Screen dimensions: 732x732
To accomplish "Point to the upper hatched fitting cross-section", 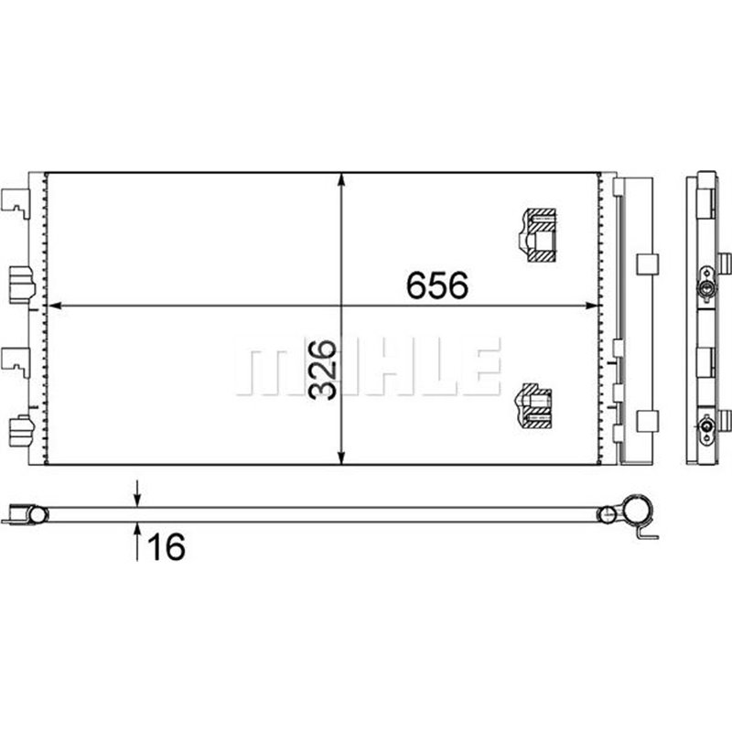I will click(535, 235).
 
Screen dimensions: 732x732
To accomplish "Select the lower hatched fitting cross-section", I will click(535, 405).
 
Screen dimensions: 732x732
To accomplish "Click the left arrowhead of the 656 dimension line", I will click(52, 305).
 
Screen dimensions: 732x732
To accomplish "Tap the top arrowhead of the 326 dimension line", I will click(341, 179).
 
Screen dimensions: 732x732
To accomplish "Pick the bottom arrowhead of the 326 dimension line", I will click(341, 457).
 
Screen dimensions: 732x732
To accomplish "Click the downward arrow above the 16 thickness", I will click(137, 498).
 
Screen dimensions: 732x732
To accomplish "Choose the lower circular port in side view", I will click(705, 425).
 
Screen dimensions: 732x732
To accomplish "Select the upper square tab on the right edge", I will click(646, 264).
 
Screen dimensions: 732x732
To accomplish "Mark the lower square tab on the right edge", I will click(646, 423).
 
